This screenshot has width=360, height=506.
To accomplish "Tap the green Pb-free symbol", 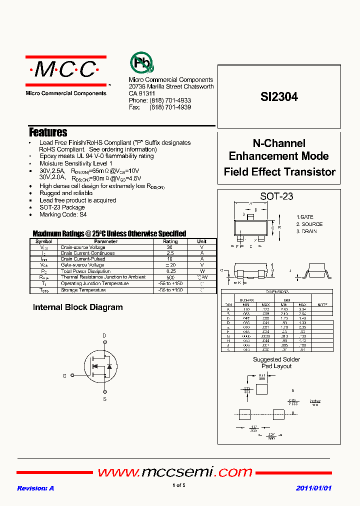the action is click(x=141, y=62).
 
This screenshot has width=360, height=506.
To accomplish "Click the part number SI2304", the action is click(x=279, y=97).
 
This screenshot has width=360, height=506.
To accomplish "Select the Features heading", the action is click(x=48, y=132).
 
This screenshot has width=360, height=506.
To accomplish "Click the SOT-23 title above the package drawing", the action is click(x=276, y=196).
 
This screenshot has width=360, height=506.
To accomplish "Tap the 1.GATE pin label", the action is click(x=305, y=217).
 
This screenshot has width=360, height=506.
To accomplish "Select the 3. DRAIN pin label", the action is click(x=306, y=231).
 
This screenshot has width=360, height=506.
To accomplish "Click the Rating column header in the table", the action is click(x=170, y=241).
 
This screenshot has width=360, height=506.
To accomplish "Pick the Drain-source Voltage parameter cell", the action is click(x=83, y=247).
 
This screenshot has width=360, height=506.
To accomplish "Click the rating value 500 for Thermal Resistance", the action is click(x=170, y=277).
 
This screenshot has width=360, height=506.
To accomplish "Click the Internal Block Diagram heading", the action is click(x=77, y=307).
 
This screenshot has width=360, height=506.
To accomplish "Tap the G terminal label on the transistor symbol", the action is click(x=64, y=375).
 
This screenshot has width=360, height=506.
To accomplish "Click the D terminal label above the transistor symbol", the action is click(x=104, y=335).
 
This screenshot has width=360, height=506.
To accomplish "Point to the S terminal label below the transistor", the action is click(x=104, y=399).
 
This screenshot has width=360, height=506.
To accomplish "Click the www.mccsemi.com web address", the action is click(x=174, y=471).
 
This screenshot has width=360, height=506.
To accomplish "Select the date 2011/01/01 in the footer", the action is click(x=313, y=488).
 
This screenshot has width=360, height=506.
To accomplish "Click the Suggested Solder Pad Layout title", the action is click(x=276, y=362).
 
